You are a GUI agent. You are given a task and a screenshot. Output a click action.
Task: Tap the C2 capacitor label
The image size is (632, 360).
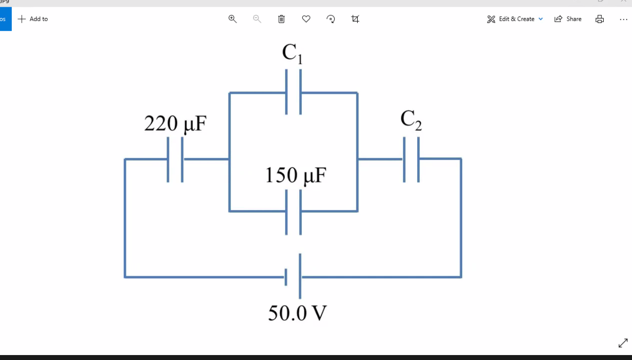tap(411, 120)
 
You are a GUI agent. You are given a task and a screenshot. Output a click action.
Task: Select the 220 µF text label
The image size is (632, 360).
tap(175, 123)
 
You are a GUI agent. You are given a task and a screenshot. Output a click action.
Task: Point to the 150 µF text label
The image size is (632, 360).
tap(295, 175)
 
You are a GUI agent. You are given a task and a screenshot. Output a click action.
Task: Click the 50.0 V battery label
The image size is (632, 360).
tap(297, 313)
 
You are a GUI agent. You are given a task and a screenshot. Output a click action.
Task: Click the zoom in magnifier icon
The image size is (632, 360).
tap(232, 19)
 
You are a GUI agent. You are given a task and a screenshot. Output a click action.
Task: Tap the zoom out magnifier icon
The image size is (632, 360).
tap(257, 19)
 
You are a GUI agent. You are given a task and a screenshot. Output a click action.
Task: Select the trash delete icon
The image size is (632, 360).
tap(282, 19)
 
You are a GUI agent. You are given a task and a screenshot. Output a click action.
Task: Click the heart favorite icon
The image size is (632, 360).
tap(306, 19)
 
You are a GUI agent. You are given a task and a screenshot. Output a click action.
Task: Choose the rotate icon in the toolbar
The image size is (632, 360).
tap(331, 19)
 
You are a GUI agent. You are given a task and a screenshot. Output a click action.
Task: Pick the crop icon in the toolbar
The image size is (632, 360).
tap(355, 19)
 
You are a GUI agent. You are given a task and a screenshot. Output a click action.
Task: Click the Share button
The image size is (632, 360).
tap(568, 19)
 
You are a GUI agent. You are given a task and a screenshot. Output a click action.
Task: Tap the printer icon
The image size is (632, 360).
tap(600, 19)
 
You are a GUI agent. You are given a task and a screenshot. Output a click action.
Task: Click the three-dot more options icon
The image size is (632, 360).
tap(623, 19)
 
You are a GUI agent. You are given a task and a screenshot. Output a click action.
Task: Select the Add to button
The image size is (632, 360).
tap(33, 19)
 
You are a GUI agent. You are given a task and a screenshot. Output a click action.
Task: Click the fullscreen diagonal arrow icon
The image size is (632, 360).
tap(623, 343)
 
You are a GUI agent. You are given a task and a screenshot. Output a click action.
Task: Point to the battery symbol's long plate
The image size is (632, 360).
tap(300, 276)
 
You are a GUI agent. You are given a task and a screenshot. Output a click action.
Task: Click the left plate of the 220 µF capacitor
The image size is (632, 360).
tap(168, 159)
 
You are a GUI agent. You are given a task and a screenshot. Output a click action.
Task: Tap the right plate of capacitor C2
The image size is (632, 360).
tap(418, 159)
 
